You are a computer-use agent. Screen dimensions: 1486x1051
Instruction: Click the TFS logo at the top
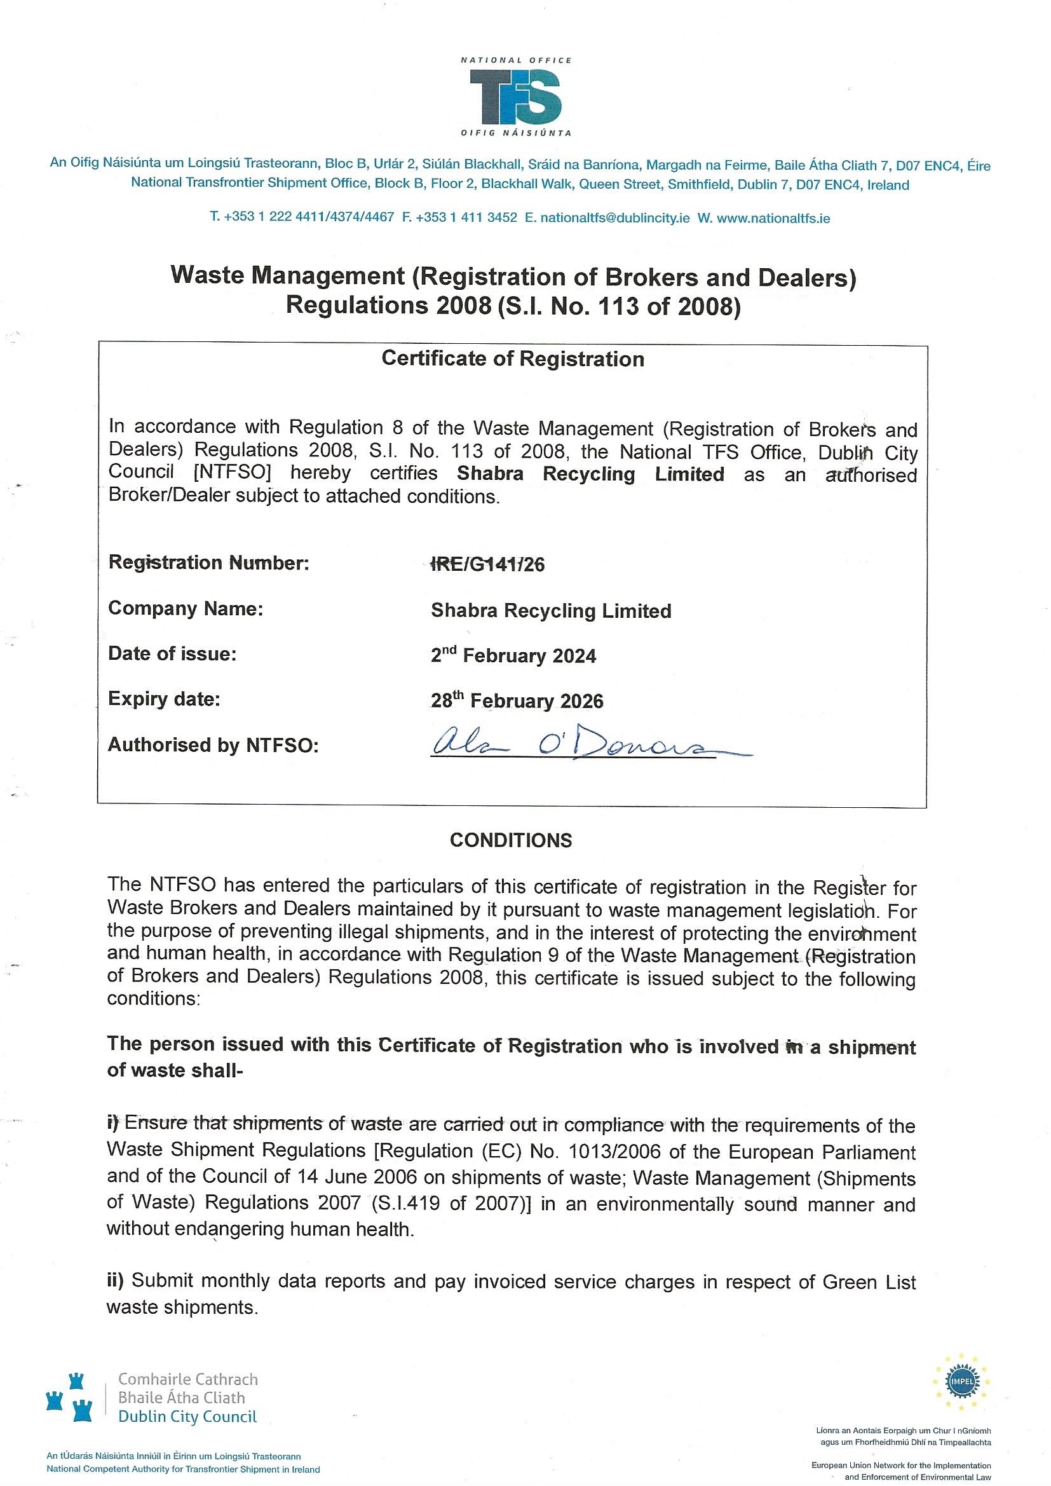(516, 97)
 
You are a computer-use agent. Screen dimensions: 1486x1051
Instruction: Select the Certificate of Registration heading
(513, 359)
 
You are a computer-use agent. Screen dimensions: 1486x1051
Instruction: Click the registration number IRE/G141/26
(488, 565)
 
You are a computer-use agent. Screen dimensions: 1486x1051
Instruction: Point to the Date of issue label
(172, 653)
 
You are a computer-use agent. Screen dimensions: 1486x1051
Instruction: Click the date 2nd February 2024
(513, 656)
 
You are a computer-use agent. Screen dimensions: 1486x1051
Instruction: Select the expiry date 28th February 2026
(517, 700)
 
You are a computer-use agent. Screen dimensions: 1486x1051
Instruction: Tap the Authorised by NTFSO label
(213, 746)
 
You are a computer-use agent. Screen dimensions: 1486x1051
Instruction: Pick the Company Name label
(185, 608)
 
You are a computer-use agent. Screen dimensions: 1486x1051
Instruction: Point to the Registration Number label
(208, 562)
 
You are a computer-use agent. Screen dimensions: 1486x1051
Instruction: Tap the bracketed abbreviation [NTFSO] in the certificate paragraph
(233, 472)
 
